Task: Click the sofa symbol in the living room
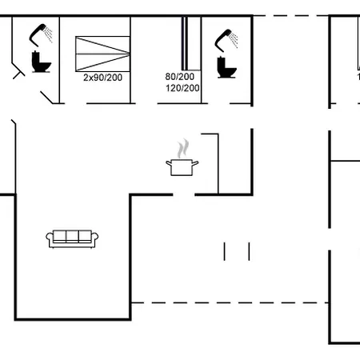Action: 72,239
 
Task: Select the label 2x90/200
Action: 102,78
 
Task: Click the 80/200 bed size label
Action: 180,77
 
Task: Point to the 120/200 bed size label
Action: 182,88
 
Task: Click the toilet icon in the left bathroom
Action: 41,62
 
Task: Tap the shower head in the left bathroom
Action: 41,34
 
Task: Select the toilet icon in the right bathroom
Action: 226,67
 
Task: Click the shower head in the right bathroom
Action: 226,40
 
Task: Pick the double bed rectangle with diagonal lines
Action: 102,54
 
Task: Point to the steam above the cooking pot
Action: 183,149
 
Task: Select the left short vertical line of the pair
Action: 225,251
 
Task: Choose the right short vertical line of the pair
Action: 249,251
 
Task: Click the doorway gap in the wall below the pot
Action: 184,195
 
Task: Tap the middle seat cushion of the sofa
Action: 72,236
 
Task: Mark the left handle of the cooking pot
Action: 169,163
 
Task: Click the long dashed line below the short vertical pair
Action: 230,303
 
